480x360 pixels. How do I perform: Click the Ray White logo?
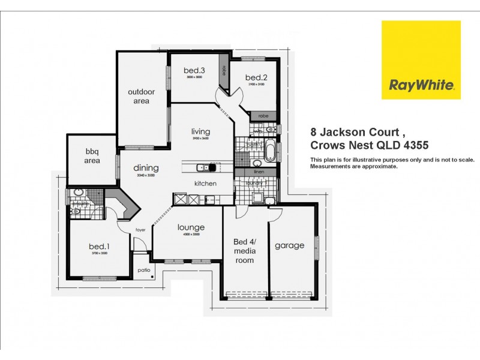421,60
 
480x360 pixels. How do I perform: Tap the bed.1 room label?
98,247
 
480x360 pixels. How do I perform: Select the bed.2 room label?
256,77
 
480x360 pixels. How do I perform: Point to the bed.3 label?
194,71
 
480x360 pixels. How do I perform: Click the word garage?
290,245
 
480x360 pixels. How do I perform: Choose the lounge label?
191,227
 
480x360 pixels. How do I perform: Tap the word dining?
146,167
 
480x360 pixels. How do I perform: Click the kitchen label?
205,183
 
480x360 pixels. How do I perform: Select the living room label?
200,131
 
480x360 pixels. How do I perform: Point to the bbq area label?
92,157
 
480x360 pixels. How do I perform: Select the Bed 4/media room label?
244,251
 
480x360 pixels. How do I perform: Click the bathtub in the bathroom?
271,147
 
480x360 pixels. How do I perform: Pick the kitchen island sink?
205,167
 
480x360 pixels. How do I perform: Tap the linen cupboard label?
259,172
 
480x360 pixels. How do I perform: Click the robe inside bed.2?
263,116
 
